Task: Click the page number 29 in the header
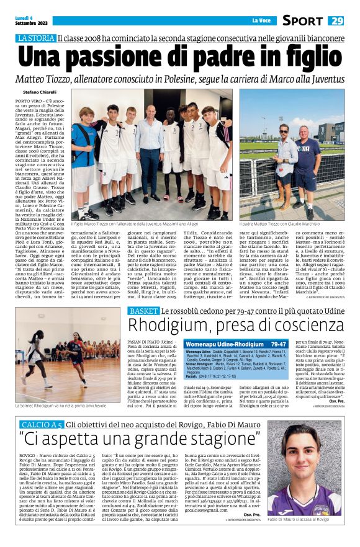point(336,20)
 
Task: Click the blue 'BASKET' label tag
point(143,310)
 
